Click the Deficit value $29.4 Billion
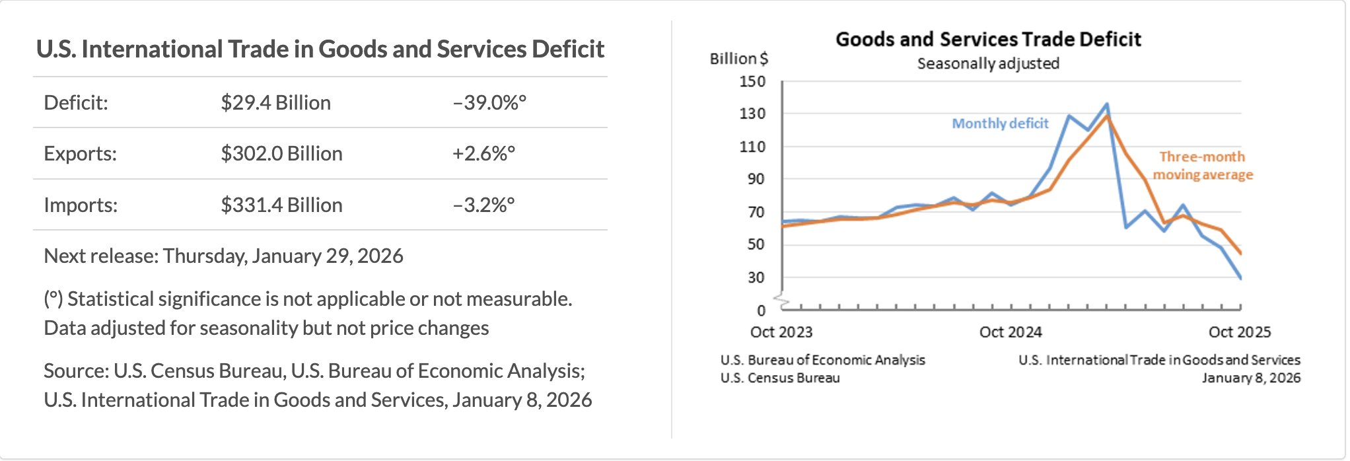275,103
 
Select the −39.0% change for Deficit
489,103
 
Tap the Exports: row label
80,154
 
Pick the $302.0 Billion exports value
281,154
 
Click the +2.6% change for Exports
483,154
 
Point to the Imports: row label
81,205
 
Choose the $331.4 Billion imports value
281,205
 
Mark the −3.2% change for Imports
483,205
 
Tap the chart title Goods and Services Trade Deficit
988,40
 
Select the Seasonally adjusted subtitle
988,64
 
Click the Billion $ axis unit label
738,59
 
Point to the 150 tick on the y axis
752,82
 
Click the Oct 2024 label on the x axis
1011,332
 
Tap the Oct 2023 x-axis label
781,332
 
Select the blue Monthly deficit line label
1000,124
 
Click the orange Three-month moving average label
1203,166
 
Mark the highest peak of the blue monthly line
1107,104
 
